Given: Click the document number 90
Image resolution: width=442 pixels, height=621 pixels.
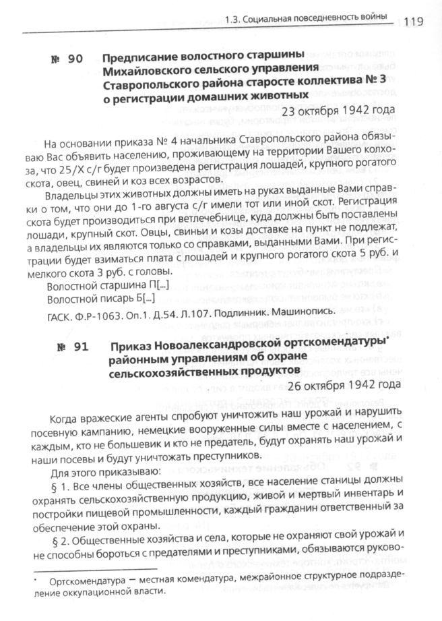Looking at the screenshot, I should pos(66,59).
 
